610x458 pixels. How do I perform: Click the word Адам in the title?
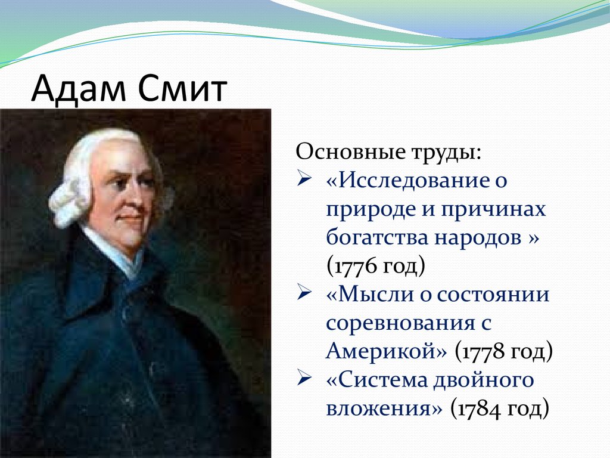coord(79,88)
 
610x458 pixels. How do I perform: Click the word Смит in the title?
coord(182,88)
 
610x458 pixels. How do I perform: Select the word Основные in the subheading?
coord(348,151)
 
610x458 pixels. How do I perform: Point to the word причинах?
coord(493,209)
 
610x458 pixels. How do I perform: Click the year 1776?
coord(356,267)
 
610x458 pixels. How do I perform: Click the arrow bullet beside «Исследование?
coord(304,180)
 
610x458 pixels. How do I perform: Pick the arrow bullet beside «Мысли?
coord(304,295)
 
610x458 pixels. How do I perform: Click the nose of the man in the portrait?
coord(138,199)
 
